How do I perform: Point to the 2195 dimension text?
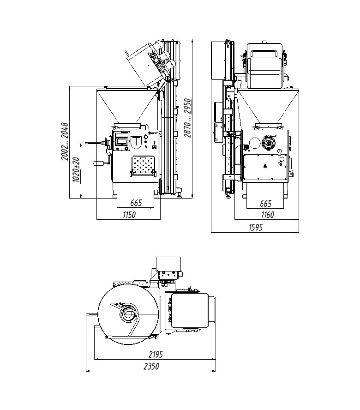[156, 354]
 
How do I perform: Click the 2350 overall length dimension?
[151, 366]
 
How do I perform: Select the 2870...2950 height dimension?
[186, 118]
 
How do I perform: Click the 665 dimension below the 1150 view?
[135, 203]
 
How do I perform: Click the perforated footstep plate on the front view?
[143, 165]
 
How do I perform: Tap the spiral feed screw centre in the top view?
[128, 316]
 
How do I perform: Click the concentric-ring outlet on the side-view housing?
[268, 144]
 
